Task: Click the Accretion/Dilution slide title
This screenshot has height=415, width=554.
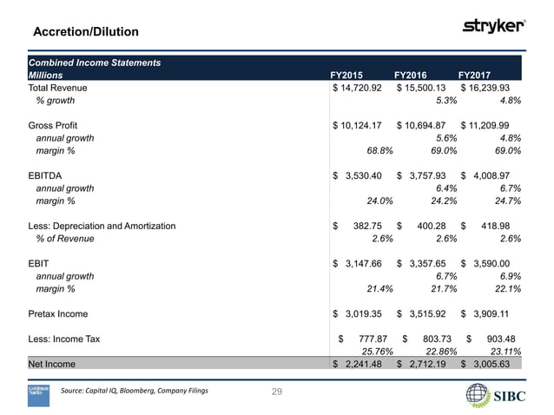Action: [85, 32]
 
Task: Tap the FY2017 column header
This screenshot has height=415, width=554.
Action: [473, 76]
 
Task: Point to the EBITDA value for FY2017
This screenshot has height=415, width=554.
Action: [491, 175]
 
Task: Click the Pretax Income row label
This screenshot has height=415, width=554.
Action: [63, 314]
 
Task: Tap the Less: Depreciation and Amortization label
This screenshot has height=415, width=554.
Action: [102, 226]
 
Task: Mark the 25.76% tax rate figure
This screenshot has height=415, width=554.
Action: [378, 352]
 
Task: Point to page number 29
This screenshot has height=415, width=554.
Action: [277, 393]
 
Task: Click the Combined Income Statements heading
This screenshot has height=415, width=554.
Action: [95, 63]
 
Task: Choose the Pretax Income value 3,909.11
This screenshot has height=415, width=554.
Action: [491, 314]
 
